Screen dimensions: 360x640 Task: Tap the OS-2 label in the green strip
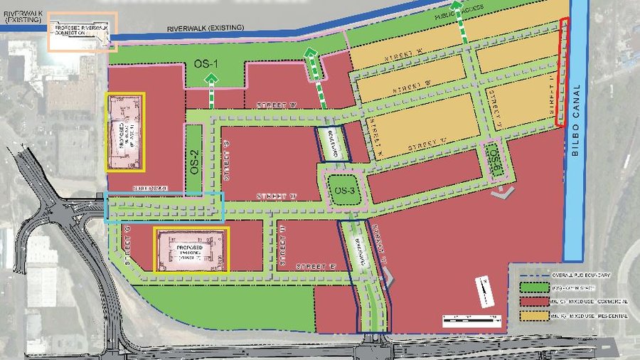[193, 169]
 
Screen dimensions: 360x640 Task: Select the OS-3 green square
[346, 191]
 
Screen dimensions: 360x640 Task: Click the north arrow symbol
[482, 287]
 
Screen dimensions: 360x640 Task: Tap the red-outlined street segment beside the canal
[561, 74]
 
